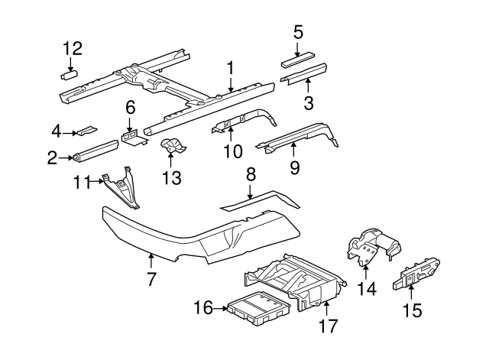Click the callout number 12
(73, 49)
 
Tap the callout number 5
(298, 31)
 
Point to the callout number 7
(151, 279)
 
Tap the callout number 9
(294, 166)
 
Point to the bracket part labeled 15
(416, 270)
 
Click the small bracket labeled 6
(132, 137)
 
